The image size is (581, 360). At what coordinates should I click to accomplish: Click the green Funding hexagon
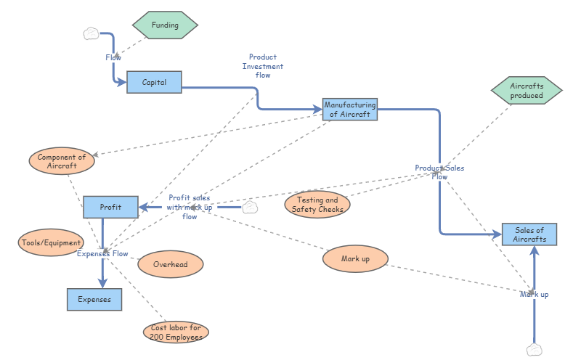[x=164, y=25]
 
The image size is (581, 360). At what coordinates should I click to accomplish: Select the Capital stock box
[x=154, y=82]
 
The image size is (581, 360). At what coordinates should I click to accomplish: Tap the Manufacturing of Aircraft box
[x=350, y=110]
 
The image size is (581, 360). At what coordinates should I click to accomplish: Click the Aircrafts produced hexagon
[x=527, y=91]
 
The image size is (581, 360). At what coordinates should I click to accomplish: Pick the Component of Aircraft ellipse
[x=62, y=161]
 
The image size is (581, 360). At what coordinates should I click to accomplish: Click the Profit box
[x=110, y=207]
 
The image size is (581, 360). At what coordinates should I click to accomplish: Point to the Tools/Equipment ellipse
[x=51, y=242]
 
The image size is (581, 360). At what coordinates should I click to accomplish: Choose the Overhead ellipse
[x=171, y=264]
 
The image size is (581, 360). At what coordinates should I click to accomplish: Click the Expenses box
[x=94, y=299]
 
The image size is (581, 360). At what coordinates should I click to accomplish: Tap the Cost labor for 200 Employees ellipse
[x=176, y=332]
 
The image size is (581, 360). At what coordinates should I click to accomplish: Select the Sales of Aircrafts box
[x=529, y=234]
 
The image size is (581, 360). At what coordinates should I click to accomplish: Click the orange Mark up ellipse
[x=356, y=258]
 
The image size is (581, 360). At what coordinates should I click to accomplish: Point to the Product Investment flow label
[x=263, y=66]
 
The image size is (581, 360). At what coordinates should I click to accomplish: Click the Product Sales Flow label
[x=439, y=172]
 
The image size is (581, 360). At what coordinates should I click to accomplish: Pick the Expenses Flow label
[x=102, y=254]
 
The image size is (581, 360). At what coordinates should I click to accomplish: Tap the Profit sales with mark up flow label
[x=190, y=207]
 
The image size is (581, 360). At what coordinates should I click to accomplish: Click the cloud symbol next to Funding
[x=91, y=33]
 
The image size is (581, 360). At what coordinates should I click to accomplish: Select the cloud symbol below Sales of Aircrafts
[x=535, y=349]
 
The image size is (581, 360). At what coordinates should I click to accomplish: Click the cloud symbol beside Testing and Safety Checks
[x=249, y=208]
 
